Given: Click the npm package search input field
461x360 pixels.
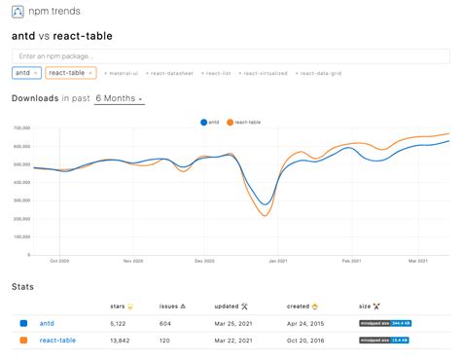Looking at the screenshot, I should [195, 55].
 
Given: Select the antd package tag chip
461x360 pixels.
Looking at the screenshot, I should [25, 73].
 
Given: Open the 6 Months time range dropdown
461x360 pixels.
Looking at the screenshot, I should [119, 99].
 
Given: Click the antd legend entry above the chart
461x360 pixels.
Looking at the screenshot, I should [209, 123].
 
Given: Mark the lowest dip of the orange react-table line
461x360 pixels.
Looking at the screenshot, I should [264, 215].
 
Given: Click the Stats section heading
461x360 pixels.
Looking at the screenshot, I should [22, 287].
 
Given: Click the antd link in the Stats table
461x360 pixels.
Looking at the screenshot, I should [47, 322].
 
